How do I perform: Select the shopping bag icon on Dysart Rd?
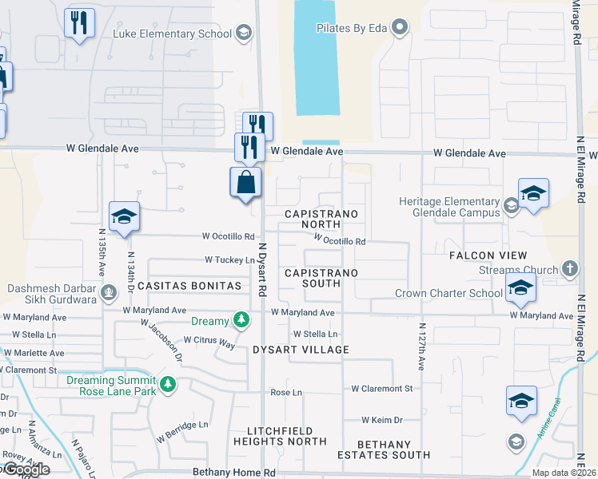point(245,183)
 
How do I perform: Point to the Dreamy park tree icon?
point(239,321)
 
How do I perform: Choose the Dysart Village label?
point(301,350)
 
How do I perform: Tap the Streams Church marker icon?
point(569,269)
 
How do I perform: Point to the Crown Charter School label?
point(448,293)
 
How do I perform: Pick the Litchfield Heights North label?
point(280,435)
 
